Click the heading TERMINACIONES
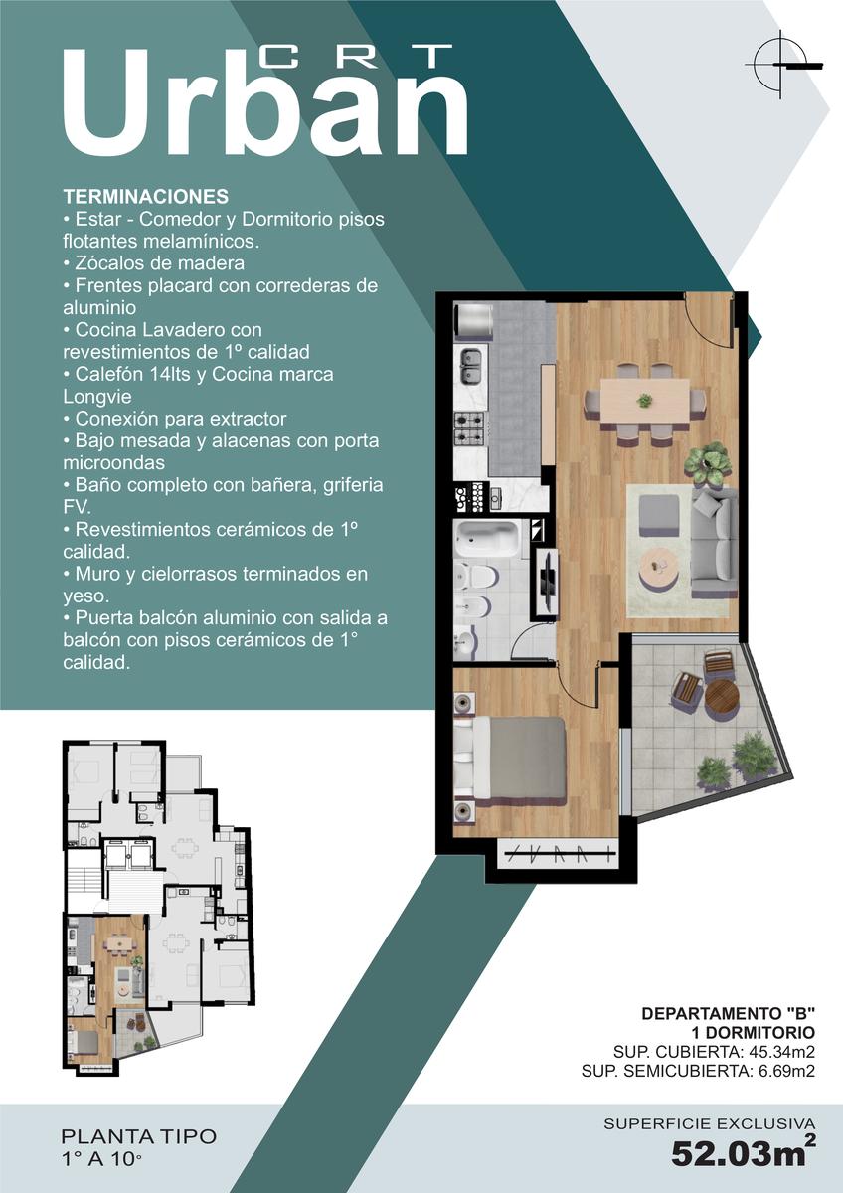click(146, 197)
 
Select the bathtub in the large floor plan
click(486, 538)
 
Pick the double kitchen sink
click(470, 366)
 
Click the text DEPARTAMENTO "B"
click(729, 1013)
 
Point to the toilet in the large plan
click(478, 576)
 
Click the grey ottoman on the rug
click(659, 516)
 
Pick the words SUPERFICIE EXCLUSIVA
click(710, 1123)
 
